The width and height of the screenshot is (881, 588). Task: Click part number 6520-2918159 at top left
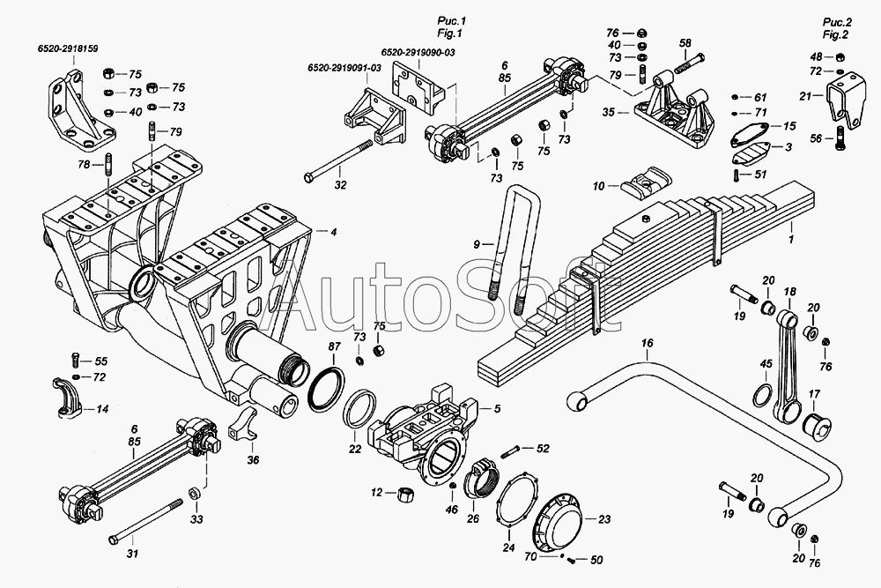[x=68, y=48]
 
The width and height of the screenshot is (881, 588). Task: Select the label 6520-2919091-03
[x=344, y=68]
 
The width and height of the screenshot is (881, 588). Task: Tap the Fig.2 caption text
[x=837, y=34]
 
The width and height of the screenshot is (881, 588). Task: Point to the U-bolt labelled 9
[x=515, y=248]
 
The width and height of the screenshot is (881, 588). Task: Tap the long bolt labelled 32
[x=339, y=162]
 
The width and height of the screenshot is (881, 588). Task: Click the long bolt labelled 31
[x=146, y=520]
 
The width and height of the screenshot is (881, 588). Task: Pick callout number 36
[x=254, y=459]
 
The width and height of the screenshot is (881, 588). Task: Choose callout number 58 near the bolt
[x=685, y=43]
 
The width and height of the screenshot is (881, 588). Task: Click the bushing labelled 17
[x=815, y=428]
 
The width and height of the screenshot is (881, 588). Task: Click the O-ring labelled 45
[x=762, y=395]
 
